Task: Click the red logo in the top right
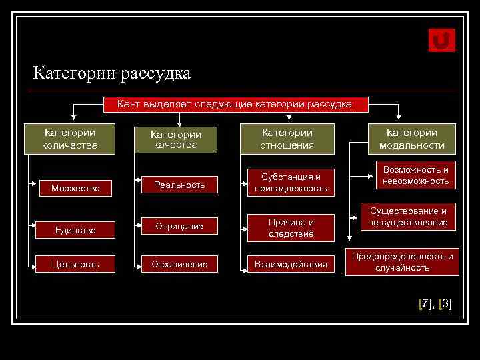click(441, 40)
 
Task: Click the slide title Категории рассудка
click(112, 73)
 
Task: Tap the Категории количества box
click(69, 139)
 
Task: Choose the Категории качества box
click(175, 139)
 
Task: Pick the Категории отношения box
click(287, 139)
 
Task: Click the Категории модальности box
click(412, 139)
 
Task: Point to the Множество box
click(75, 188)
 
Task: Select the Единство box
click(75, 230)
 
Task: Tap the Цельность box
click(75, 264)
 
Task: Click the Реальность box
click(179, 185)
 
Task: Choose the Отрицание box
click(179, 227)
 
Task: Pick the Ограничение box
click(179, 264)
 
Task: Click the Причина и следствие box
click(291, 227)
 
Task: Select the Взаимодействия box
click(291, 264)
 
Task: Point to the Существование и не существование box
click(408, 217)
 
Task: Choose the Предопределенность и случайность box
click(402, 262)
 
